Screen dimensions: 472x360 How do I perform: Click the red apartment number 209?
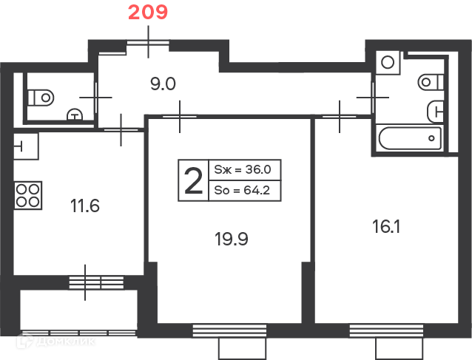click(x=148, y=13)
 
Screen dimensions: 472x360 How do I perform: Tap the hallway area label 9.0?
click(x=163, y=84)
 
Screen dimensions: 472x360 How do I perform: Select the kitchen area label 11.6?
click(x=85, y=206)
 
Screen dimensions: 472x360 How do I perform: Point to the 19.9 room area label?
click(x=231, y=240)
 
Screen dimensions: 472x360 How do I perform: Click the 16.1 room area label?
click(x=386, y=226)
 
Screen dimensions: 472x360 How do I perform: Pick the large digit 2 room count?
click(x=194, y=181)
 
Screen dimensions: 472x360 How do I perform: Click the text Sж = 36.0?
click(x=243, y=169)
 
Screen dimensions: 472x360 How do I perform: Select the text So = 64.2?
click(x=242, y=191)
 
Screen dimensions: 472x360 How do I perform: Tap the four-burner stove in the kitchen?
click(x=27, y=195)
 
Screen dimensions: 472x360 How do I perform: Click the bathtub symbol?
click(x=410, y=138)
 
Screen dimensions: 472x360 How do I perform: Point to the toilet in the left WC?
click(x=41, y=98)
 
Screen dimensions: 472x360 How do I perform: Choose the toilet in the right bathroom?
click(x=431, y=82)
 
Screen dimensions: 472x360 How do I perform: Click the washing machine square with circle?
click(x=388, y=63)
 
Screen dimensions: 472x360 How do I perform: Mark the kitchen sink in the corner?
click(x=26, y=146)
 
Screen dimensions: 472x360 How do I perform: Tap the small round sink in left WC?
click(x=75, y=115)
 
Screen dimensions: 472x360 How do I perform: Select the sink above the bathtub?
click(x=435, y=112)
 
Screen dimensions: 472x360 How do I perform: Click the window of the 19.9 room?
click(x=229, y=330)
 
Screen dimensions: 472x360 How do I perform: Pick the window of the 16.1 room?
click(x=386, y=330)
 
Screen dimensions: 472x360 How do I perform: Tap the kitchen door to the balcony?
click(x=96, y=282)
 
